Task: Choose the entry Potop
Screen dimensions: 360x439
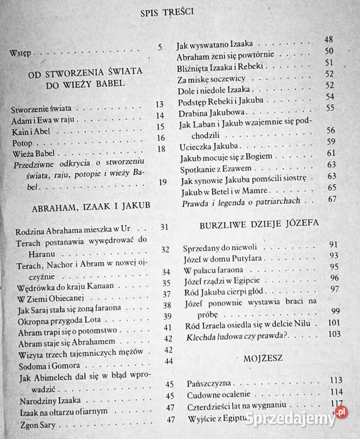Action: click(x=23, y=138)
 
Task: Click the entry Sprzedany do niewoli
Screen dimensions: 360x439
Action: click(x=215, y=250)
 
